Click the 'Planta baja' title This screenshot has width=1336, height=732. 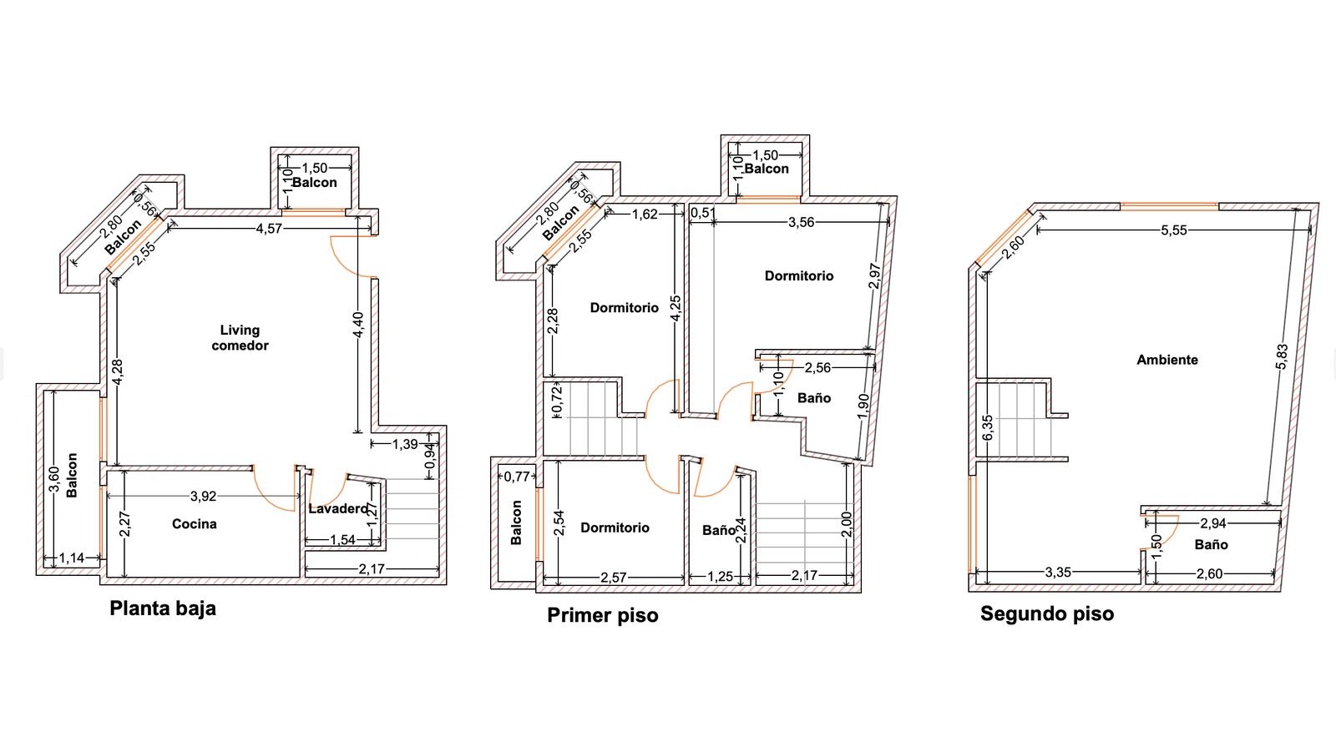point(163,608)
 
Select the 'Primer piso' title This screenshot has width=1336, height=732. point(602,616)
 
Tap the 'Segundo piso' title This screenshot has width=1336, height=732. point(1047,614)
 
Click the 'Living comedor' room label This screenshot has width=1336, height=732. point(240,337)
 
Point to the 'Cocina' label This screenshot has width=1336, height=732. point(194,524)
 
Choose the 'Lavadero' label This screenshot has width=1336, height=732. point(338,508)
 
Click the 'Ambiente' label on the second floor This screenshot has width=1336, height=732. point(1167,360)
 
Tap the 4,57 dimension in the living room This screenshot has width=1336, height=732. point(269,229)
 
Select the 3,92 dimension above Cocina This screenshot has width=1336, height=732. point(203,496)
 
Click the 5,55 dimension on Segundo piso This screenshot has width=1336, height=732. point(1174,230)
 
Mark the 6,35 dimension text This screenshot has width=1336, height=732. point(987,427)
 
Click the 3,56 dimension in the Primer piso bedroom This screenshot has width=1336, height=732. point(801,222)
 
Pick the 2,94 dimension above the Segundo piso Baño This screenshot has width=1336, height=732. point(1213,523)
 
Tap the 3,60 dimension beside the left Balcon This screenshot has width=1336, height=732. point(53,480)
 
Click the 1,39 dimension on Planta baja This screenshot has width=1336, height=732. point(405,444)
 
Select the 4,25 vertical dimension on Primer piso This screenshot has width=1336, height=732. point(676,308)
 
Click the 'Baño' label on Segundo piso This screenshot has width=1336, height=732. point(1212,545)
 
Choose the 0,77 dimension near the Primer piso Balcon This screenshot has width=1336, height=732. point(517,477)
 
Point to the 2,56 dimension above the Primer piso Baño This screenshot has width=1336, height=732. point(817,368)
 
